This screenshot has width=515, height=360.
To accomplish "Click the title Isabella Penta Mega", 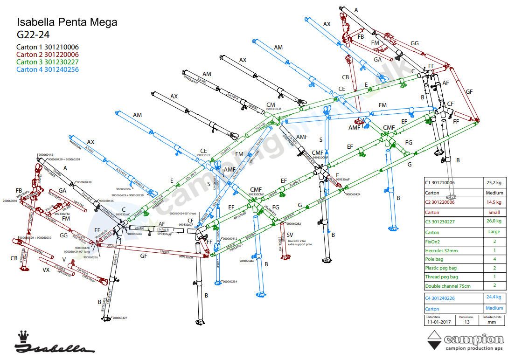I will click(x=67, y=22).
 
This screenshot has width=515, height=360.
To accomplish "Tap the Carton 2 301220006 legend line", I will click(x=47, y=55).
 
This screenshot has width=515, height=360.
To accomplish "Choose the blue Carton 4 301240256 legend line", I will click(x=47, y=69).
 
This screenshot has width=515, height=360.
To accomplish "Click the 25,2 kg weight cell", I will click(x=493, y=183).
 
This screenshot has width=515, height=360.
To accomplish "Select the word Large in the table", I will click(x=494, y=232).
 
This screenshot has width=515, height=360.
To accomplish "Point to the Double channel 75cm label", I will click(x=447, y=286).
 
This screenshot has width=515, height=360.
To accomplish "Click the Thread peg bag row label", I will click(x=442, y=277).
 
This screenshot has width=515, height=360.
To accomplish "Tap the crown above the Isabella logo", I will click(x=22, y=336).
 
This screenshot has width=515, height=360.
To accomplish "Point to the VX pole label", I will click(x=46, y=270).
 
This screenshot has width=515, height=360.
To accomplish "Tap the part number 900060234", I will click(x=230, y=282).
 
